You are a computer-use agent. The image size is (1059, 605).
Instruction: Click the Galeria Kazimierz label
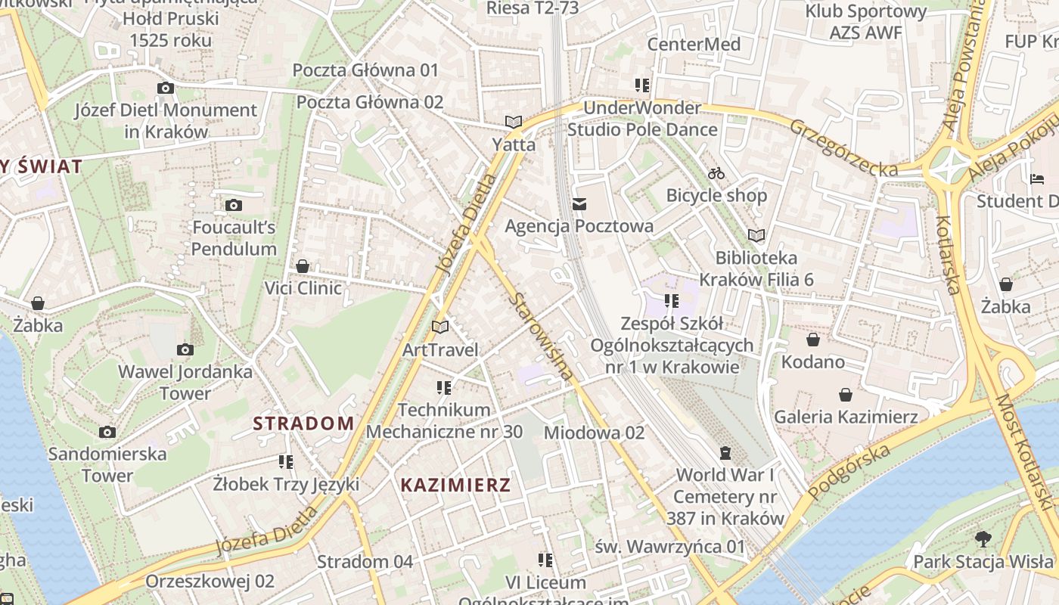pos(846,417)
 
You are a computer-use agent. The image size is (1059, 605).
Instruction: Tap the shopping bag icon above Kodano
pos(813,340)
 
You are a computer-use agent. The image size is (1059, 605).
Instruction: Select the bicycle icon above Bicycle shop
pos(716,173)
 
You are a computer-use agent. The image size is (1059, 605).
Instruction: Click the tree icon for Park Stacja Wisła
pos(983,539)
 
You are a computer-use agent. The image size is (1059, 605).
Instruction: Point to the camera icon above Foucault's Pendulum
pos(234,205)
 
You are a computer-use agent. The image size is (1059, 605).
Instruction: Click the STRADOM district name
pos(303,423)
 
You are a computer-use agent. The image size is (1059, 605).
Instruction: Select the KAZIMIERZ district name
pos(455,486)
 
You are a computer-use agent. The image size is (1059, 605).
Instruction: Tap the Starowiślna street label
pos(540,337)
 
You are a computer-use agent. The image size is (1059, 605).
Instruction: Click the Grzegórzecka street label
pos(843,147)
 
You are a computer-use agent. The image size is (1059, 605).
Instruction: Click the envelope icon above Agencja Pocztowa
pos(579,203)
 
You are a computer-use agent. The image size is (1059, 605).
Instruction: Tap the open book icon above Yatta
pos(514,122)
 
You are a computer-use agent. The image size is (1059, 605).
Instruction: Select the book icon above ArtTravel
pos(440,327)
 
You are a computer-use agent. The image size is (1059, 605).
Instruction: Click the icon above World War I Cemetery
pos(725,453)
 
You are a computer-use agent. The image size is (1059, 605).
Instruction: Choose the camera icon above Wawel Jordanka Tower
pos(185,349)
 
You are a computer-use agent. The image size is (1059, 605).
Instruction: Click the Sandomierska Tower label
pos(107,464)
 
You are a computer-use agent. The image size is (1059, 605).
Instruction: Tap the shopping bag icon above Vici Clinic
pos(303,266)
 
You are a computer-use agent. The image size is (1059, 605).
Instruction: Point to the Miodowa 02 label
pos(594,433)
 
